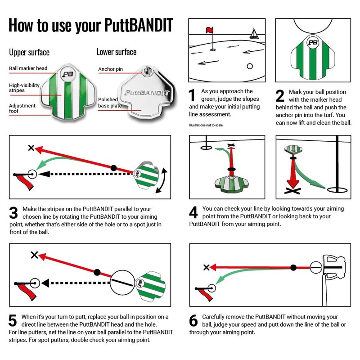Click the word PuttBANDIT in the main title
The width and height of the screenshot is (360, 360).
coord(139,26)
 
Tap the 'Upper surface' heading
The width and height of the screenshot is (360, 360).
coord(29,53)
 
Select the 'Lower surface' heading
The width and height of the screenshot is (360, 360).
coord(116,52)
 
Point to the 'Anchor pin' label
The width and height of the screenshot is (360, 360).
coord(110,70)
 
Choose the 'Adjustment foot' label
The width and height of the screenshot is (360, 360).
coord(23,108)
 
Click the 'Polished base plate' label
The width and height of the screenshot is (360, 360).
coord(108,103)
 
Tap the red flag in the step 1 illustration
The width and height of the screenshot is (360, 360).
coord(209,31)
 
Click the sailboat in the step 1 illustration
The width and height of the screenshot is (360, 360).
coord(254,34)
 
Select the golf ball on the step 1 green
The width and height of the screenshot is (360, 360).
coord(250,66)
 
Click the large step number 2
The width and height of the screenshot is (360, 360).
coord(280,96)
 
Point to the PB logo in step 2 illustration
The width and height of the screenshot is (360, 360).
coord(312,43)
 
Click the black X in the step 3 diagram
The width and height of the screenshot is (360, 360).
coord(31,148)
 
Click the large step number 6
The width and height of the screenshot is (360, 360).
coord(193,321)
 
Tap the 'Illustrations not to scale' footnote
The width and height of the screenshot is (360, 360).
coord(206,125)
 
